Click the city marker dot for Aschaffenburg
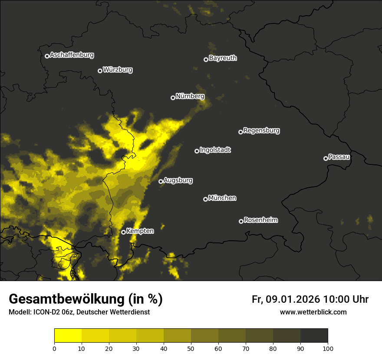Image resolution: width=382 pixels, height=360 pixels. click(47, 56)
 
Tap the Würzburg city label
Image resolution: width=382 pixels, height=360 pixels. click(117, 70)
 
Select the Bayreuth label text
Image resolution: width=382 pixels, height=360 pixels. click(223, 58)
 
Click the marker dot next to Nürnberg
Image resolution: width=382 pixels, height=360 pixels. click(173, 98)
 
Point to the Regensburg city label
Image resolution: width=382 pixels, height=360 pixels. click(261, 131)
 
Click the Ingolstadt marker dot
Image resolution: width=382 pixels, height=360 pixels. click(197, 151)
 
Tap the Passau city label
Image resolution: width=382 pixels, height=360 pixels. click(339, 157)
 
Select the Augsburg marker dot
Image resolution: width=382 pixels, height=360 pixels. click(161, 181)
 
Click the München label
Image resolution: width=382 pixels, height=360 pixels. click(222, 198)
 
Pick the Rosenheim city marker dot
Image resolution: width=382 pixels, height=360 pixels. click(241, 221)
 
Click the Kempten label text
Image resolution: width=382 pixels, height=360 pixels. click(140, 231)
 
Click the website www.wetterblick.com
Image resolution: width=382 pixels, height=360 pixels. click(313, 312)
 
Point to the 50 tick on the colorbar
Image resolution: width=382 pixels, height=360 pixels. click(191, 348)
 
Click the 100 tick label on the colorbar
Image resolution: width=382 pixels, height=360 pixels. click(328, 348)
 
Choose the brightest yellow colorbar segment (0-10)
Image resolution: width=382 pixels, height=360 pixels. click(68, 336)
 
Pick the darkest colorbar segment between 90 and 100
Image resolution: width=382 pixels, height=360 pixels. click(314, 336)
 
